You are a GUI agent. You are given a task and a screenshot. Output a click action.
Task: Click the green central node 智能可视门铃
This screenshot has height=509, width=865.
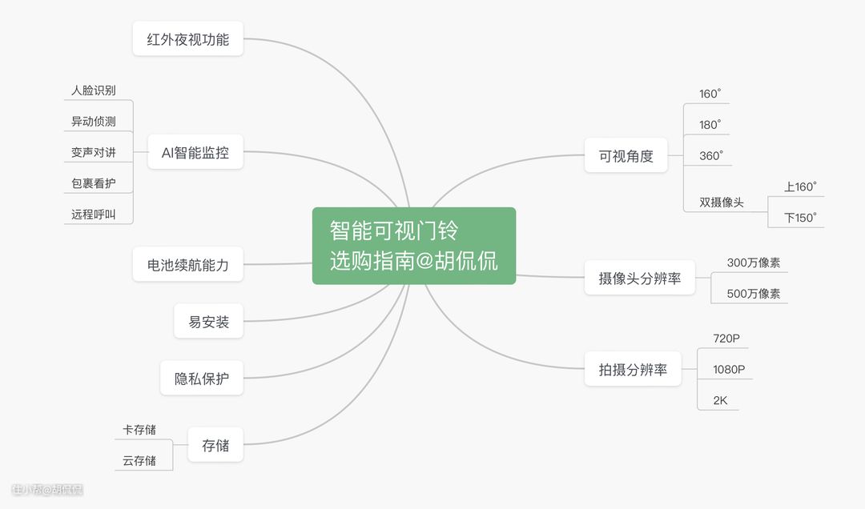click(414, 246)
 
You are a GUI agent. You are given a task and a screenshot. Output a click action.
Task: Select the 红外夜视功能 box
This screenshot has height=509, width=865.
click(187, 38)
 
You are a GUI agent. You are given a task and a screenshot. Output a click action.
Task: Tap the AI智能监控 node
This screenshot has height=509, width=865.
click(195, 151)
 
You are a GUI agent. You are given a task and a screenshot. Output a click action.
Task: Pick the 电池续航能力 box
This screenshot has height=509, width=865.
click(187, 264)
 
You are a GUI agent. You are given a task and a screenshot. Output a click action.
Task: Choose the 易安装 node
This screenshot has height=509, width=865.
click(208, 321)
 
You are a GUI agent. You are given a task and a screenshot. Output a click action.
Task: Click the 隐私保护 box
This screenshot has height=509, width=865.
click(201, 378)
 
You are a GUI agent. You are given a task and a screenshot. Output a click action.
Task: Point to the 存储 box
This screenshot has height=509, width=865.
click(215, 444)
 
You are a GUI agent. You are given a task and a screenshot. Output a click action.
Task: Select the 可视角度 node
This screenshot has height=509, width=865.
click(626, 155)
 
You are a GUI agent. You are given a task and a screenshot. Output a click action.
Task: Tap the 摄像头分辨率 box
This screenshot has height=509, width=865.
click(639, 278)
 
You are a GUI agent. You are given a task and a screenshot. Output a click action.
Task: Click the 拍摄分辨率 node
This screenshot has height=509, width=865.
click(633, 368)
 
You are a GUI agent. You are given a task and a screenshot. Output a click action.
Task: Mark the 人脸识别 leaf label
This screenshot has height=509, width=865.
click(93, 90)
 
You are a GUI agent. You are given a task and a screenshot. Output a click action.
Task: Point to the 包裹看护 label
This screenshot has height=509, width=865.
click(93, 183)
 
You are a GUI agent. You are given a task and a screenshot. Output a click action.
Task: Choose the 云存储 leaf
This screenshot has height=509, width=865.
click(139, 460)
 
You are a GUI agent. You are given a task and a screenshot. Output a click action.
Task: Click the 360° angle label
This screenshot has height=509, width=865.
click(711, 155)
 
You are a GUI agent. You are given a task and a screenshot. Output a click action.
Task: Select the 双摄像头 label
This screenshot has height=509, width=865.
click(722, 202)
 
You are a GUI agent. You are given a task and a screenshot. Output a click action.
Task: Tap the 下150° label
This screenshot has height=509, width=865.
click(800, 218)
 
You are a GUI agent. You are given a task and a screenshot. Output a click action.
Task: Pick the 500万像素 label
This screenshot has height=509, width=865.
click(754, 294)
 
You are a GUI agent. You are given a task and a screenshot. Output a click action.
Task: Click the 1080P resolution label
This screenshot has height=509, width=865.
click(729, 370)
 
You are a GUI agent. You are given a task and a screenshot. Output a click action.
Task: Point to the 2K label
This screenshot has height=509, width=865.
click(720, 400)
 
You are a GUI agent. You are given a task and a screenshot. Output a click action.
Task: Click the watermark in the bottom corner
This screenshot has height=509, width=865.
click(47, 489)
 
